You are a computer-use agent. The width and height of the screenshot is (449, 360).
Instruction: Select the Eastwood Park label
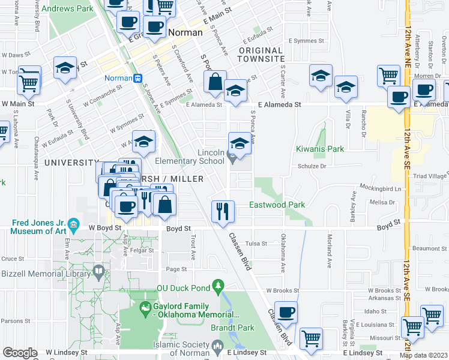tap(277, 205)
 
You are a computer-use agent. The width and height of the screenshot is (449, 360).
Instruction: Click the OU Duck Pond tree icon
tap(218, 284)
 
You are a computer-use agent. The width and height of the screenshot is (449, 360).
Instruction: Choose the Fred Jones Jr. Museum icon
tap(73, 225)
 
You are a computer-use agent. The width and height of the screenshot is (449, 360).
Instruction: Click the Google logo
tap(20, 353)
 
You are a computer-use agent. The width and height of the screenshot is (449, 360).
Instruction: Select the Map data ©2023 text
tap(423, 355)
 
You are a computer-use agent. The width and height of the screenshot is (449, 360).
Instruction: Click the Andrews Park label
tap(71, 10)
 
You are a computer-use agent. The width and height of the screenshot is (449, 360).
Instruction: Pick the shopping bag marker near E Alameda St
tap(215, 82)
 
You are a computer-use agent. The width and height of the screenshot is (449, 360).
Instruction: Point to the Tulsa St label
tap(273, 244)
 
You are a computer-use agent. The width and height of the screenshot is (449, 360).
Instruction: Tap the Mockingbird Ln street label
tap(381, 188)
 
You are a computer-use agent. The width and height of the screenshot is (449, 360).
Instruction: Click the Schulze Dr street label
tap(312, 167)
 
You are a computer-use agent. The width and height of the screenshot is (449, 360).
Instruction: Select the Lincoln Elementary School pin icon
tap(233, 158)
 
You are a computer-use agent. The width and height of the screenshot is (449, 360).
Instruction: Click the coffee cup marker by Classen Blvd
tap(287, 312)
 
